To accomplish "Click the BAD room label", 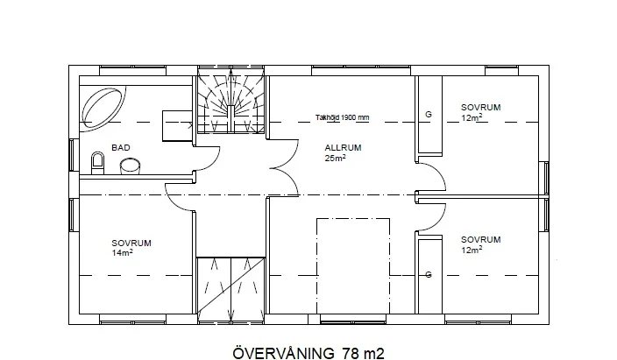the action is click(x=120, y=147).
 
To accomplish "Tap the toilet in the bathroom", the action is click(x=97, y=163).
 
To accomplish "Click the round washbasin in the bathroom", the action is click(x=130, y=166).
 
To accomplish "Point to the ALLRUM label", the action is click(x=343, y=148).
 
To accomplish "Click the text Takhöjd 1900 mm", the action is click(x=343, y=117).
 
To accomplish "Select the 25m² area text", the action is click(x=336, y=158).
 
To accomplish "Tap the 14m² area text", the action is click(x=122, y=252).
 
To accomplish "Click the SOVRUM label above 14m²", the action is click(x=131, y=244).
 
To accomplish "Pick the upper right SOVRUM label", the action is click(x=481, y=108).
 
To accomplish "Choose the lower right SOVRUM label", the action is click(x=481, y=240).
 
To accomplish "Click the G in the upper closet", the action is click(x=429, y=114).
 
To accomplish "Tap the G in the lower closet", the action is click(x=429, y=274).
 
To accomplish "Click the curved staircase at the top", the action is click(x=231, y=104).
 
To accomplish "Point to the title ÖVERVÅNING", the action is click(x=283, y=352).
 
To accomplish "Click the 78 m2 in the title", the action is click(x=363, y=352).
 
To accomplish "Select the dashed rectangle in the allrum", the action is click(x=353, y=266).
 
